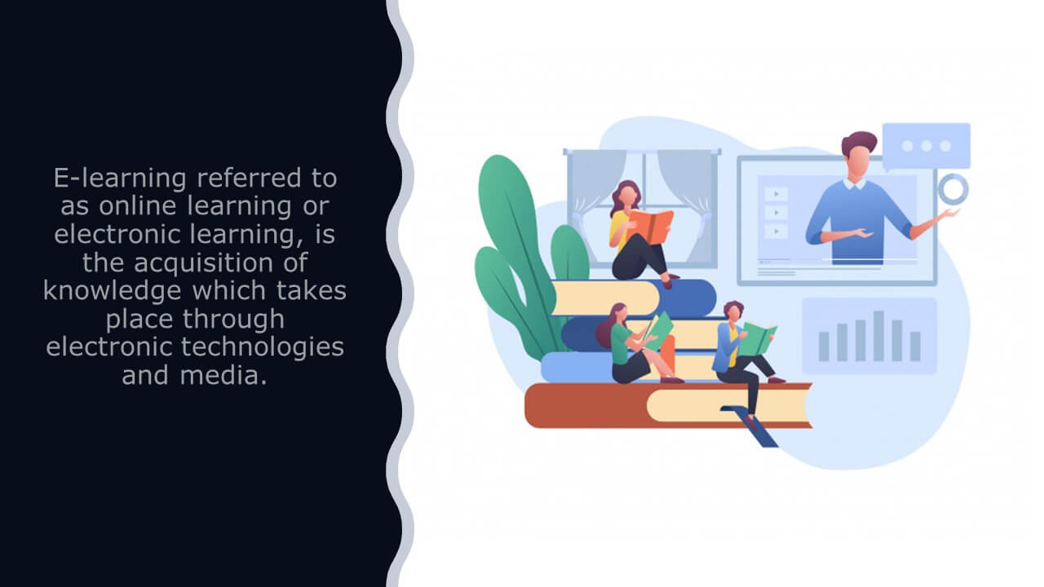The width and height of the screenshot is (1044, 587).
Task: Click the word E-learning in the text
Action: (120, 179)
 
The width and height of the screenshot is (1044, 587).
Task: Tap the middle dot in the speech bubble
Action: (926, 146)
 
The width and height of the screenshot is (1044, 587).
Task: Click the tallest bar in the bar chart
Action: (878, 335)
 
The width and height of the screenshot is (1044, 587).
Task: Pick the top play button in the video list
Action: (776, 193)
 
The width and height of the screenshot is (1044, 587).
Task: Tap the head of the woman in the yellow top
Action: (627, 194)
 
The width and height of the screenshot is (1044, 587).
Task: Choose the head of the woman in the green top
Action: (618, 314)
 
